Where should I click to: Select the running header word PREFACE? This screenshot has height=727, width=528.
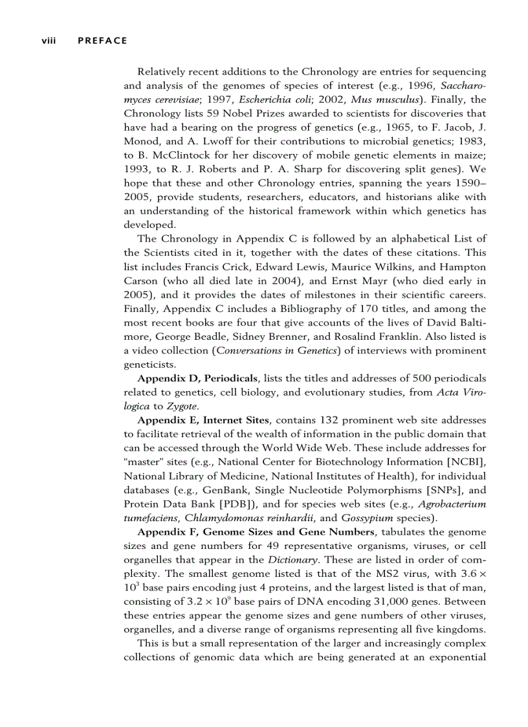[x=102, y=41]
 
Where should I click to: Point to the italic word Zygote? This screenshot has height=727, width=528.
[x=182, y=406]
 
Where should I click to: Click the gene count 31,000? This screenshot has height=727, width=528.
[x=377, y=601]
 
